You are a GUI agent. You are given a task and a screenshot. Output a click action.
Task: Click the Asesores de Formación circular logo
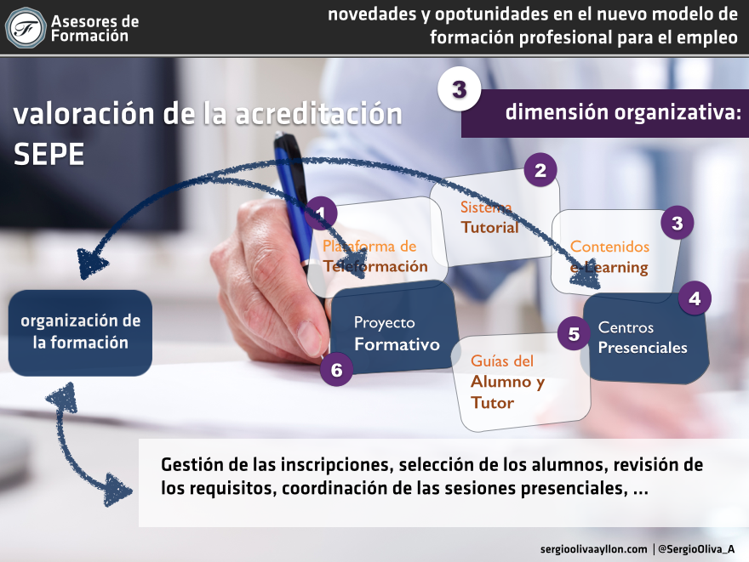click(x=26, y=28)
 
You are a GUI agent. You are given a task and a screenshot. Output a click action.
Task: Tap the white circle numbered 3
click(x=459, y=89)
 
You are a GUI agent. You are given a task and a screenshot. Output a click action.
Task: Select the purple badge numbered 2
click(x=540, y=170)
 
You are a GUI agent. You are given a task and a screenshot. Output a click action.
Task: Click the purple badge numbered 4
click(x=695, y=298)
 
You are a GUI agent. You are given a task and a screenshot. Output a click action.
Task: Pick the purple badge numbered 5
click(x=574, y=333)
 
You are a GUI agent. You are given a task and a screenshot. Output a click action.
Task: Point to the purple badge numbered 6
click(x=336, y=369)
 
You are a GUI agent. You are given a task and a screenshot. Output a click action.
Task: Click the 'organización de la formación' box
click(x=80, y=332)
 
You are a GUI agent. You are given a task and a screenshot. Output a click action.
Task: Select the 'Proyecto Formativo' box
click(x=395, y=328)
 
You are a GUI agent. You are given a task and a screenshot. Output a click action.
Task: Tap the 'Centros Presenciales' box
click(x=645, y=338)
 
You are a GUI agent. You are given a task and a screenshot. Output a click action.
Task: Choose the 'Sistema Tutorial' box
click(x=495, y=218)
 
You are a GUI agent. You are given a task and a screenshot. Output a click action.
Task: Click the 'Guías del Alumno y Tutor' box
click(x=522, y=382)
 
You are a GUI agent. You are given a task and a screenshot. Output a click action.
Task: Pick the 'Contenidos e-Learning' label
click(x=609, y=257)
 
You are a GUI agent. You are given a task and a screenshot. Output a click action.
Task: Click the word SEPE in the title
click(x=49, y=154)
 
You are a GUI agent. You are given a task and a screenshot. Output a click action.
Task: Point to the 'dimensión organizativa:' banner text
click(x=623, y=112)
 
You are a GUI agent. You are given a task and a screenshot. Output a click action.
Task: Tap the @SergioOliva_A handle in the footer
click(x=696, y=549)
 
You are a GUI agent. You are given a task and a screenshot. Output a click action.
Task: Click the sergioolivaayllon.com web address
click(x=594, y=549)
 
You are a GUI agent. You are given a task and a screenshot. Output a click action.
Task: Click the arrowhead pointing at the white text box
click(x=117, y=490)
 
